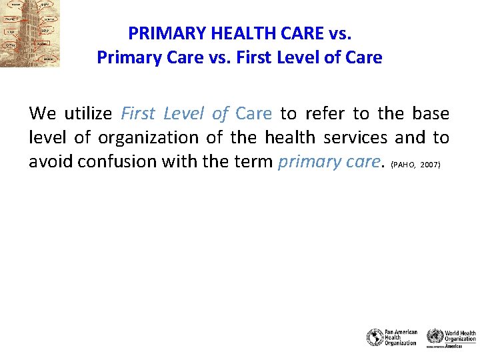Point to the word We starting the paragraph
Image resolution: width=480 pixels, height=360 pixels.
click(x=43, y=113)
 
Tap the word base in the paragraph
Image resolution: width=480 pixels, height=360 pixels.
click(x=431, y=113)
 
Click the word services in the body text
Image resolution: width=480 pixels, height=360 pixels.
click(x=355, y=138)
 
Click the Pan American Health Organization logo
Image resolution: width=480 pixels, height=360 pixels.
click(x=392, y=337)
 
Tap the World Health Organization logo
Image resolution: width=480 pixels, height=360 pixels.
click(x=451, y=337)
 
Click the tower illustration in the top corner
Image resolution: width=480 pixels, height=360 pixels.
click(x=30, y=33)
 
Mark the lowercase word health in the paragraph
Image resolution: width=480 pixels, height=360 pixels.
click(x=291, y=138)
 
